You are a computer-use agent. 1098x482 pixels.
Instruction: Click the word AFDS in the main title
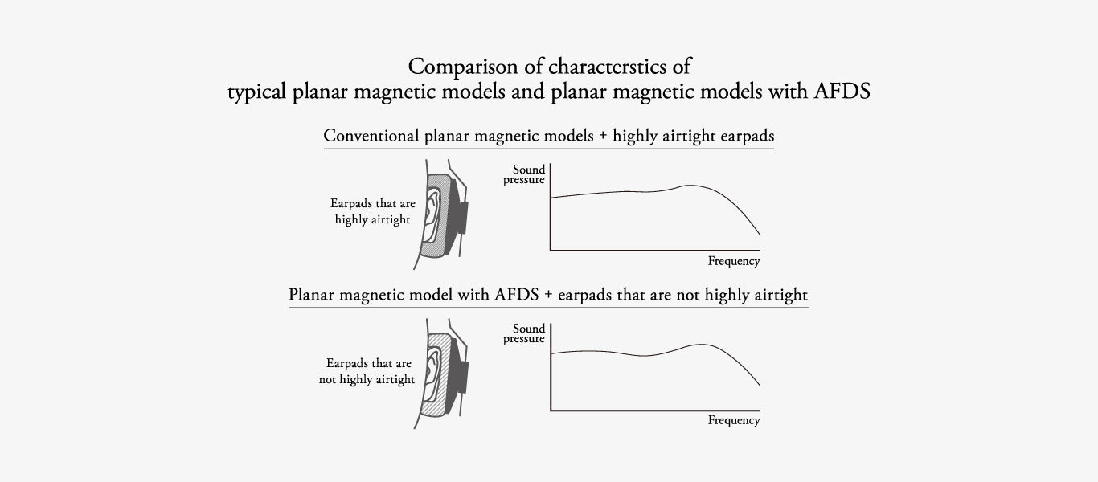[842, 91]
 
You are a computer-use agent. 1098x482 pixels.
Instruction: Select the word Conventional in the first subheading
[371, 136]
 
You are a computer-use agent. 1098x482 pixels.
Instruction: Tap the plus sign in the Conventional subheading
[603, 137]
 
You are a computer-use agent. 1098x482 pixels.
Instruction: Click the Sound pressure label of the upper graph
[524, 174]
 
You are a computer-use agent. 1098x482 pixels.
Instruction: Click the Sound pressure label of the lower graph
[524, 333]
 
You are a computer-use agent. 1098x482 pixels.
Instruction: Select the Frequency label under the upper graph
[734, 262]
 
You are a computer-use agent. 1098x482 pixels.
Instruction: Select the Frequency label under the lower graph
[734, 421]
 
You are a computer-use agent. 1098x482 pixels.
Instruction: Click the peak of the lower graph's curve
[702, 345]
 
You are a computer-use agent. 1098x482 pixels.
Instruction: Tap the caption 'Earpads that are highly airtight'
[372, 211]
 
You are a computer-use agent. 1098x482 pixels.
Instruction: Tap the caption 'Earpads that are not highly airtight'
[367, 371]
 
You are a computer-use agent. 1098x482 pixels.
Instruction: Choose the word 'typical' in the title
[256, 92]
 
